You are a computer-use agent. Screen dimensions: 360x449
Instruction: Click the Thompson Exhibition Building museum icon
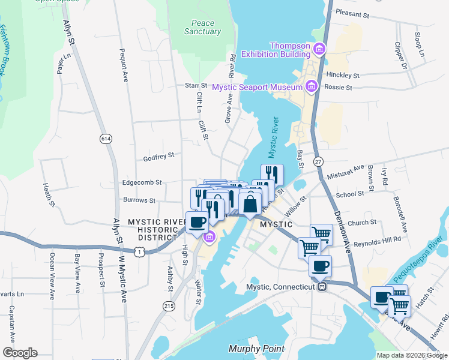coord(320,48)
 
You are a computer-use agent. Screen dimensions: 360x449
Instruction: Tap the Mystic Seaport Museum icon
coord(310,87)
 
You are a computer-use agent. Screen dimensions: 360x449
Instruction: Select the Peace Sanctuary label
coord(199,28)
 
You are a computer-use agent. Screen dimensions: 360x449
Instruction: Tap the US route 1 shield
coord(139,253)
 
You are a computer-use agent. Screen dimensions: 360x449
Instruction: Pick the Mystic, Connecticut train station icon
coord(322,287)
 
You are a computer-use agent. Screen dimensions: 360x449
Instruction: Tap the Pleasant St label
coord(355,11)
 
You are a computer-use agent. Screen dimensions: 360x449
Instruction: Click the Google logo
coord(20,353)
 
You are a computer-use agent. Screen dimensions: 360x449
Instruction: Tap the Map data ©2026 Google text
coord(411,355)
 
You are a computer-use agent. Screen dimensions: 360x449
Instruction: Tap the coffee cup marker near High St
coord(197,223)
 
